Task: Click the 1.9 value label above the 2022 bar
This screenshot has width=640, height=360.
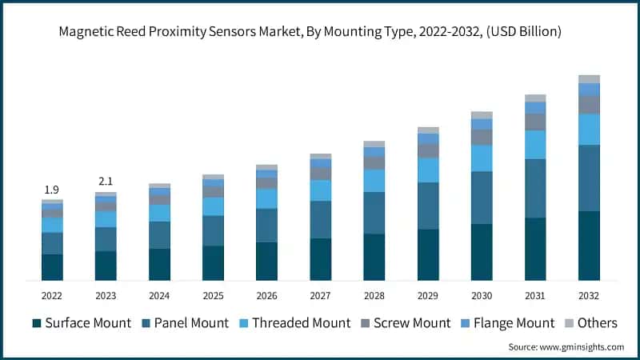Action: pyautogui.click(x=52, y=190)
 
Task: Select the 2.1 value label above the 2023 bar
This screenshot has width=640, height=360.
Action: pyautogui.click(x=106, y=182)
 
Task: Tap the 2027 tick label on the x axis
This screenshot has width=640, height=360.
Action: pyautogui.click(x=320, y=295)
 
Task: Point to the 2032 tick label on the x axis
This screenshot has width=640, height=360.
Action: pyautogui.click(x=589, y=295)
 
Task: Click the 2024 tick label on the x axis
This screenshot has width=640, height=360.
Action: pyautogui.click(x=159, y=295)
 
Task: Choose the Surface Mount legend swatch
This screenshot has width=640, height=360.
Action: pyautogui.click(x=37, y=323)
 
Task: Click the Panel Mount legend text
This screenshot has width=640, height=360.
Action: pyautogui.click(x=192, y=323)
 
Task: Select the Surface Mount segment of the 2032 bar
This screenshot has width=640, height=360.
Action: pyautogui.click(x=589, y=246)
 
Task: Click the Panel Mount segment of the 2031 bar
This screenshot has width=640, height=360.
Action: pyautogui.click(x=535, y=188)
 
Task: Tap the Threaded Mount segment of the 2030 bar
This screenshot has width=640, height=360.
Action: pyautogui.click(x=482, y=158)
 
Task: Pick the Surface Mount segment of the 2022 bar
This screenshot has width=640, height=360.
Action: pyautogui.click(x=52, y=267)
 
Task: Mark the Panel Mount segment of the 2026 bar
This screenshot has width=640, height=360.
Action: pyautogui.click(x=266, y=225)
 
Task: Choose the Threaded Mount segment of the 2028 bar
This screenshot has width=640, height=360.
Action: pyautogui.click(x=374, y=181)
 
